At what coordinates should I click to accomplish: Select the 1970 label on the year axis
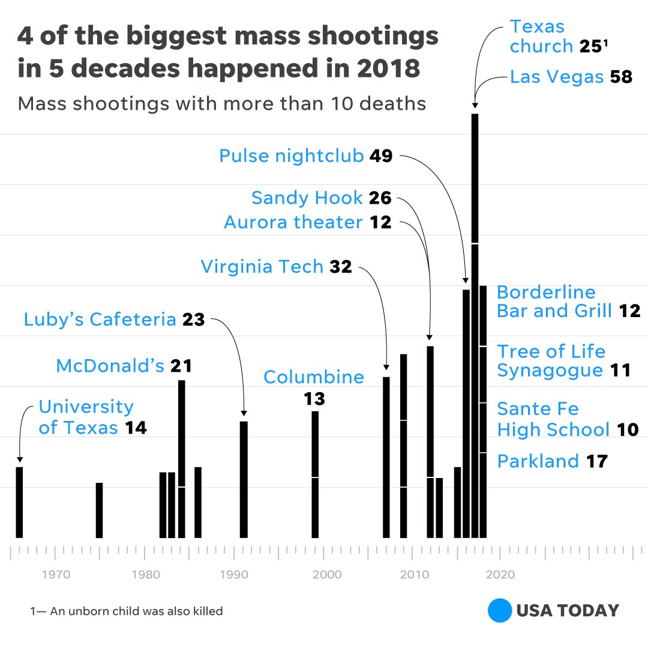click(x=56, y=575)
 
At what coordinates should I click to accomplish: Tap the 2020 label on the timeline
click(x=500, y=575)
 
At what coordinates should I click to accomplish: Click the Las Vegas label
click(x=557, y=77)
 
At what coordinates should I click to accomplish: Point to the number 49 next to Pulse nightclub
click(x=381, y=156)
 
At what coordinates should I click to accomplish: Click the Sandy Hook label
click(x=307, y=198)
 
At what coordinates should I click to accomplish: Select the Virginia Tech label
click(x=262, y=266)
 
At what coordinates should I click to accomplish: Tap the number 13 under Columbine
click(x=314, y=398)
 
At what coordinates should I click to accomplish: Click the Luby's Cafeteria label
click(x=100, y=319)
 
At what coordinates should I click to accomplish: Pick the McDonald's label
click(x=110, y=365)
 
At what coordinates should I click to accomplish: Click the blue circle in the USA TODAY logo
click(x=499, y=611)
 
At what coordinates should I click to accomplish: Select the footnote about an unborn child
click(x=127, y=611)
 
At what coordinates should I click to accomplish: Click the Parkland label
click(x=538, y=461)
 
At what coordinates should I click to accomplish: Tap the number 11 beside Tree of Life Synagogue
click(x=620, y=370)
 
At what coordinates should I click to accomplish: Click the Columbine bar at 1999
click(x=315, y=474)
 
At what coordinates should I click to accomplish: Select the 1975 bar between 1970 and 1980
click(x=99, y=510)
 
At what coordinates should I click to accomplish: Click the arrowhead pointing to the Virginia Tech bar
click(x=386, y=367)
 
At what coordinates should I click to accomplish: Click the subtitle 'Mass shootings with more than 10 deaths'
click(x=221, y=103)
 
